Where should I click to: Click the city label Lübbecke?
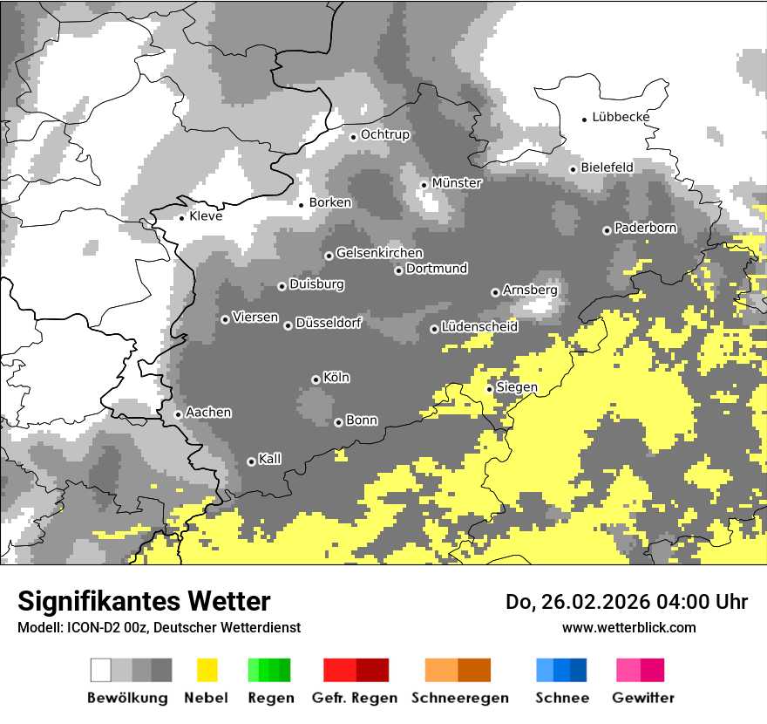(621, 117)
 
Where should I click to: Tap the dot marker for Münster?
(424, 185)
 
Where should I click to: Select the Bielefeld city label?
(607, 167)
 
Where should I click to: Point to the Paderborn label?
(645, 228)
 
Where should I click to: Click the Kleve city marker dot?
(182, 218)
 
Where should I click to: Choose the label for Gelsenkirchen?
(379, 253)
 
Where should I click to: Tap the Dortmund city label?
(437, 269)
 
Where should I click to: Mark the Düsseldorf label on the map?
(328, 323)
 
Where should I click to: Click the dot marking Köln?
(316, 379)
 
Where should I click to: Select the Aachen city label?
(208, 412)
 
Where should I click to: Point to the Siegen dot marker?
(490, 389)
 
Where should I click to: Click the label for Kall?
(269, 459)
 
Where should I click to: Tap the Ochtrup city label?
(384, 134)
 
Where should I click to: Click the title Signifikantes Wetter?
(144, 601)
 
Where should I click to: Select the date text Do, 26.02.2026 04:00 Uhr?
(627, 602)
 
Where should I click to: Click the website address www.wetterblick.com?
(628, 627)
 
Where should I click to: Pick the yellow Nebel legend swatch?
(207, 670)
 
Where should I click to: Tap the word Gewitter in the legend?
(642, 698)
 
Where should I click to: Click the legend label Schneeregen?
(459, 698)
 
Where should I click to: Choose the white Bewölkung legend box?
(101, 670)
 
